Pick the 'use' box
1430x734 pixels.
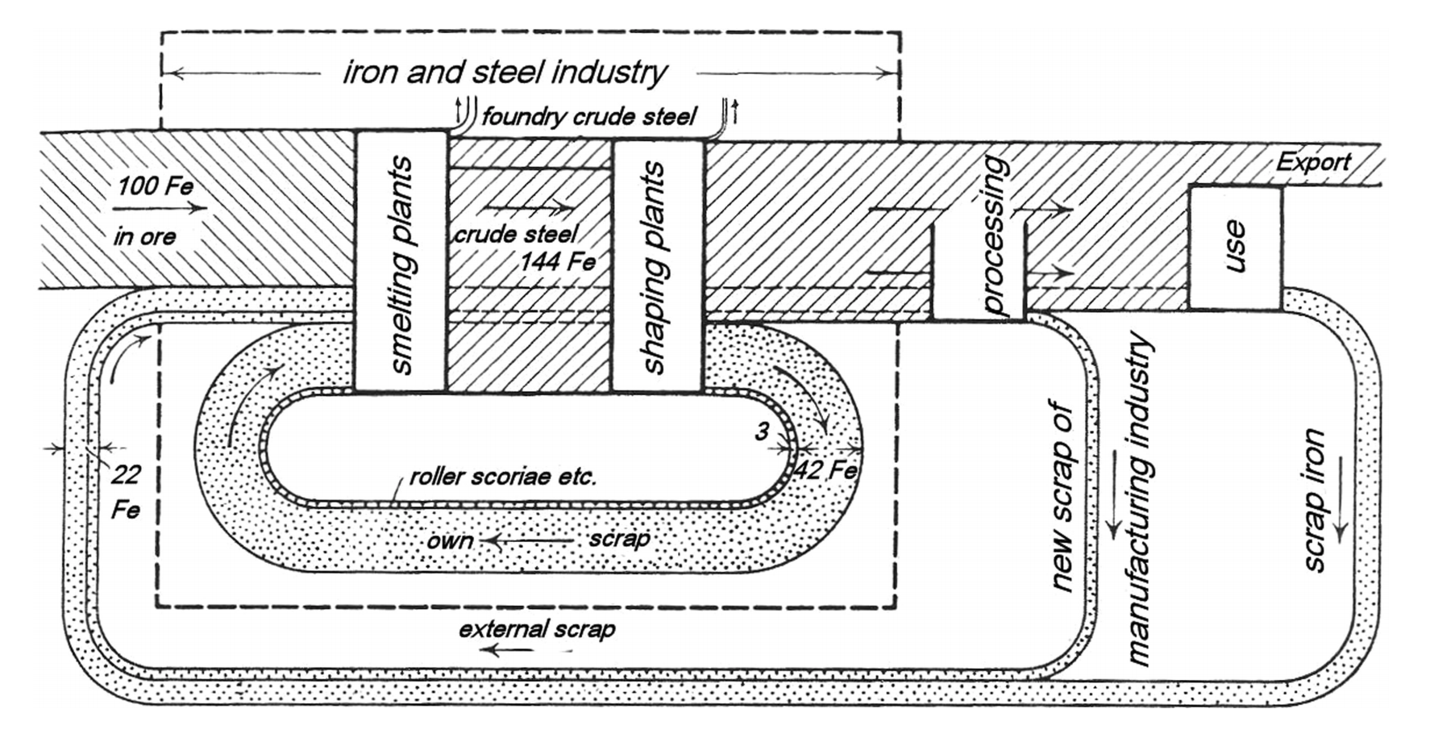pos(1235,247)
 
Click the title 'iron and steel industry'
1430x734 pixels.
pos(505,73)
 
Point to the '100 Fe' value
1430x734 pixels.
pos(156,186)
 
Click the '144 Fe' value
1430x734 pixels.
pos(558,262)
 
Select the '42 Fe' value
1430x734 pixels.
pos(825,469)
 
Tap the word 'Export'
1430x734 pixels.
pos(1312,162)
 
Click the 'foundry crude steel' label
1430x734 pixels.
pos(589,117)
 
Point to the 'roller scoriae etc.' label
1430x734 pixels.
pos(503,477)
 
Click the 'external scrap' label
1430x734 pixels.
pos(537,629)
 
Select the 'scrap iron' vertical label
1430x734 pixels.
pos(1314,500)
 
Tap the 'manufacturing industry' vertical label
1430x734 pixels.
pos(1138,500)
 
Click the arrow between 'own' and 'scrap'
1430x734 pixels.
pos(528,540)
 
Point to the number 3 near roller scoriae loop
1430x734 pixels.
pos(762,432)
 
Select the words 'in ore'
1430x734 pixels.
pos(145,236)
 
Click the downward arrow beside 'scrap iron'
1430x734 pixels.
pos(1341,500)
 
